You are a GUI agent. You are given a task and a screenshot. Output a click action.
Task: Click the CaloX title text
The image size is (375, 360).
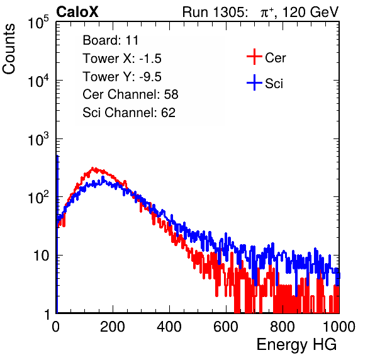pyautogui.click(x=77, y=12)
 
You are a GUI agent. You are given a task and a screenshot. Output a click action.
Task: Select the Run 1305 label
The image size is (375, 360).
pyautogui.click(x=215, y=12)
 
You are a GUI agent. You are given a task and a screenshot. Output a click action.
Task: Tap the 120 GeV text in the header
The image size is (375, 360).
pyautogui.click(x=310, y=12)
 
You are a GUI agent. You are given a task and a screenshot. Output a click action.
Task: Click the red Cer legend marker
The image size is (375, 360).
pyautogui.click(x=254, y=57)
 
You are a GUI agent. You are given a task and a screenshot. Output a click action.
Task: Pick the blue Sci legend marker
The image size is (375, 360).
pyautogui.click(x=254, y=82)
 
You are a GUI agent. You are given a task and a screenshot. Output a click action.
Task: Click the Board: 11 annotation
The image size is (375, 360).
pyautogui.click(x=111, y=40)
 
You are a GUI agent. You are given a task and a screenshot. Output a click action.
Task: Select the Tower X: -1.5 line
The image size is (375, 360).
pyautogui.click(x=122, y=59)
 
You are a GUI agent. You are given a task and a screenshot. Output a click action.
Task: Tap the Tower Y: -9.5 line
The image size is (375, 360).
pyautogui.click(x=122, y=77)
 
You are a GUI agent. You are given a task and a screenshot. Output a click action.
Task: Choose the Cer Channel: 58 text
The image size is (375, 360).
pyautogui.click(x=130, y=94)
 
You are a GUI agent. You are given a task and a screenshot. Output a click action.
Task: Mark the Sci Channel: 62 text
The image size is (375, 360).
pyautogui.click(x=129, y=113)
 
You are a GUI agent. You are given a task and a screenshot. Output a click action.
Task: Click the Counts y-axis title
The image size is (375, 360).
pyautogui.click(x=9, y=49)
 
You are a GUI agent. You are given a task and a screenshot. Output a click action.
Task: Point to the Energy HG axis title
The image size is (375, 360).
pyautogui.click(x=296, y=344)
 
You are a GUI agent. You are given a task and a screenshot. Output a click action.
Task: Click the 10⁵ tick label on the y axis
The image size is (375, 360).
pyautogui.click(x=38, y=23)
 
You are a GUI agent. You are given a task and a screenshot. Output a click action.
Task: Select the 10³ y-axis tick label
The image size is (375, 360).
pyautogui.click(x=38, y=139)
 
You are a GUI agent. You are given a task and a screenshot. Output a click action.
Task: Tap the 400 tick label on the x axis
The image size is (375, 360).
pyautogui.click(x=169, y=327)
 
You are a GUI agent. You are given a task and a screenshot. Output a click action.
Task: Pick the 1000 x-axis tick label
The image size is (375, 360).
pyautogui.click(x=339, y=327)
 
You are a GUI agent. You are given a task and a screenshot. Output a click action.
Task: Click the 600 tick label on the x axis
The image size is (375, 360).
pyautogui.click(x=226, y=327)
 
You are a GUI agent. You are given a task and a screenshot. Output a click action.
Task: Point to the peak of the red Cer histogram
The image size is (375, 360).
pyautogui.click(x=94, y=169)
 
